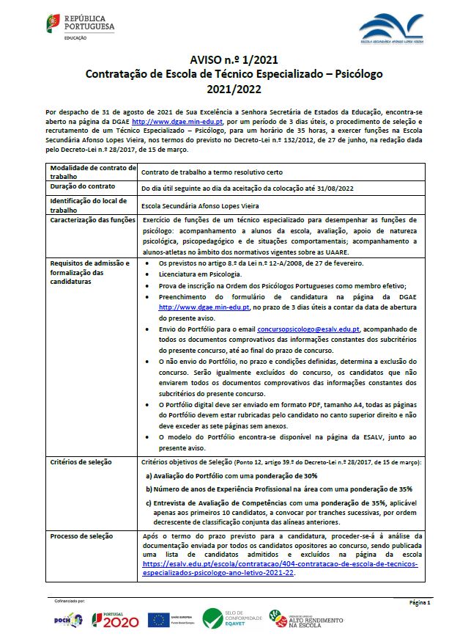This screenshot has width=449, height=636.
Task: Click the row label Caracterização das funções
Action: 90,219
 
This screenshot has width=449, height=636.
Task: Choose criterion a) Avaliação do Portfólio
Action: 224,475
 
